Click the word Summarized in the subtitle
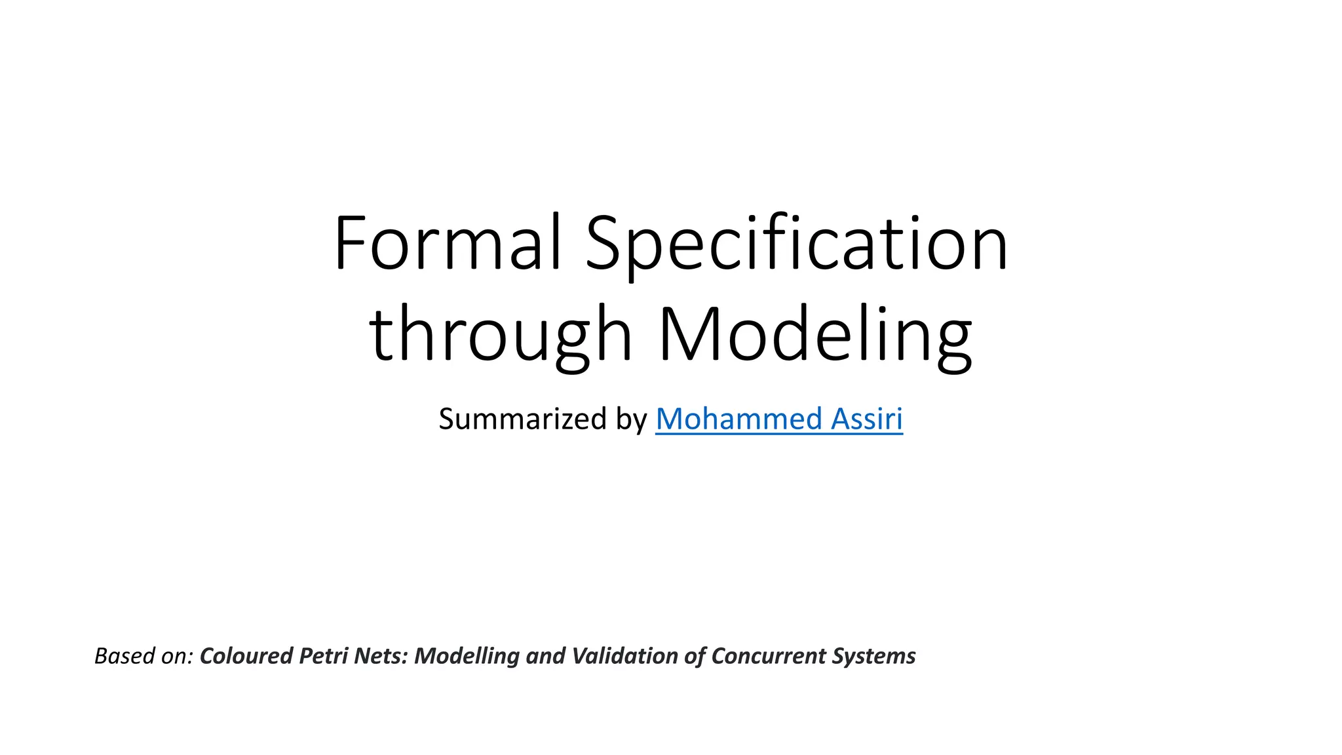523,419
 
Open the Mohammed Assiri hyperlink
778,419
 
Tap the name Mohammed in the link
739,419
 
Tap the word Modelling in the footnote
467,656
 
